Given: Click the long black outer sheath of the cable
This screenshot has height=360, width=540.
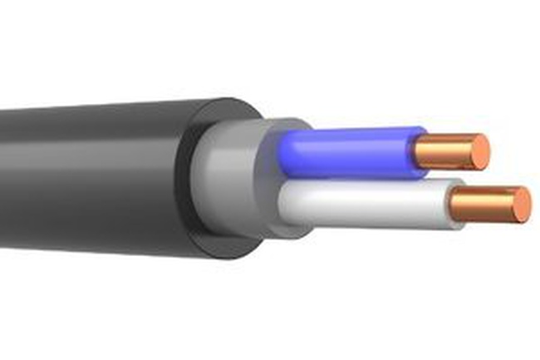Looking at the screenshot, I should coord(91,175).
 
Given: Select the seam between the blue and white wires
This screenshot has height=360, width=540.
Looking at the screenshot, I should coord(357,177).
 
